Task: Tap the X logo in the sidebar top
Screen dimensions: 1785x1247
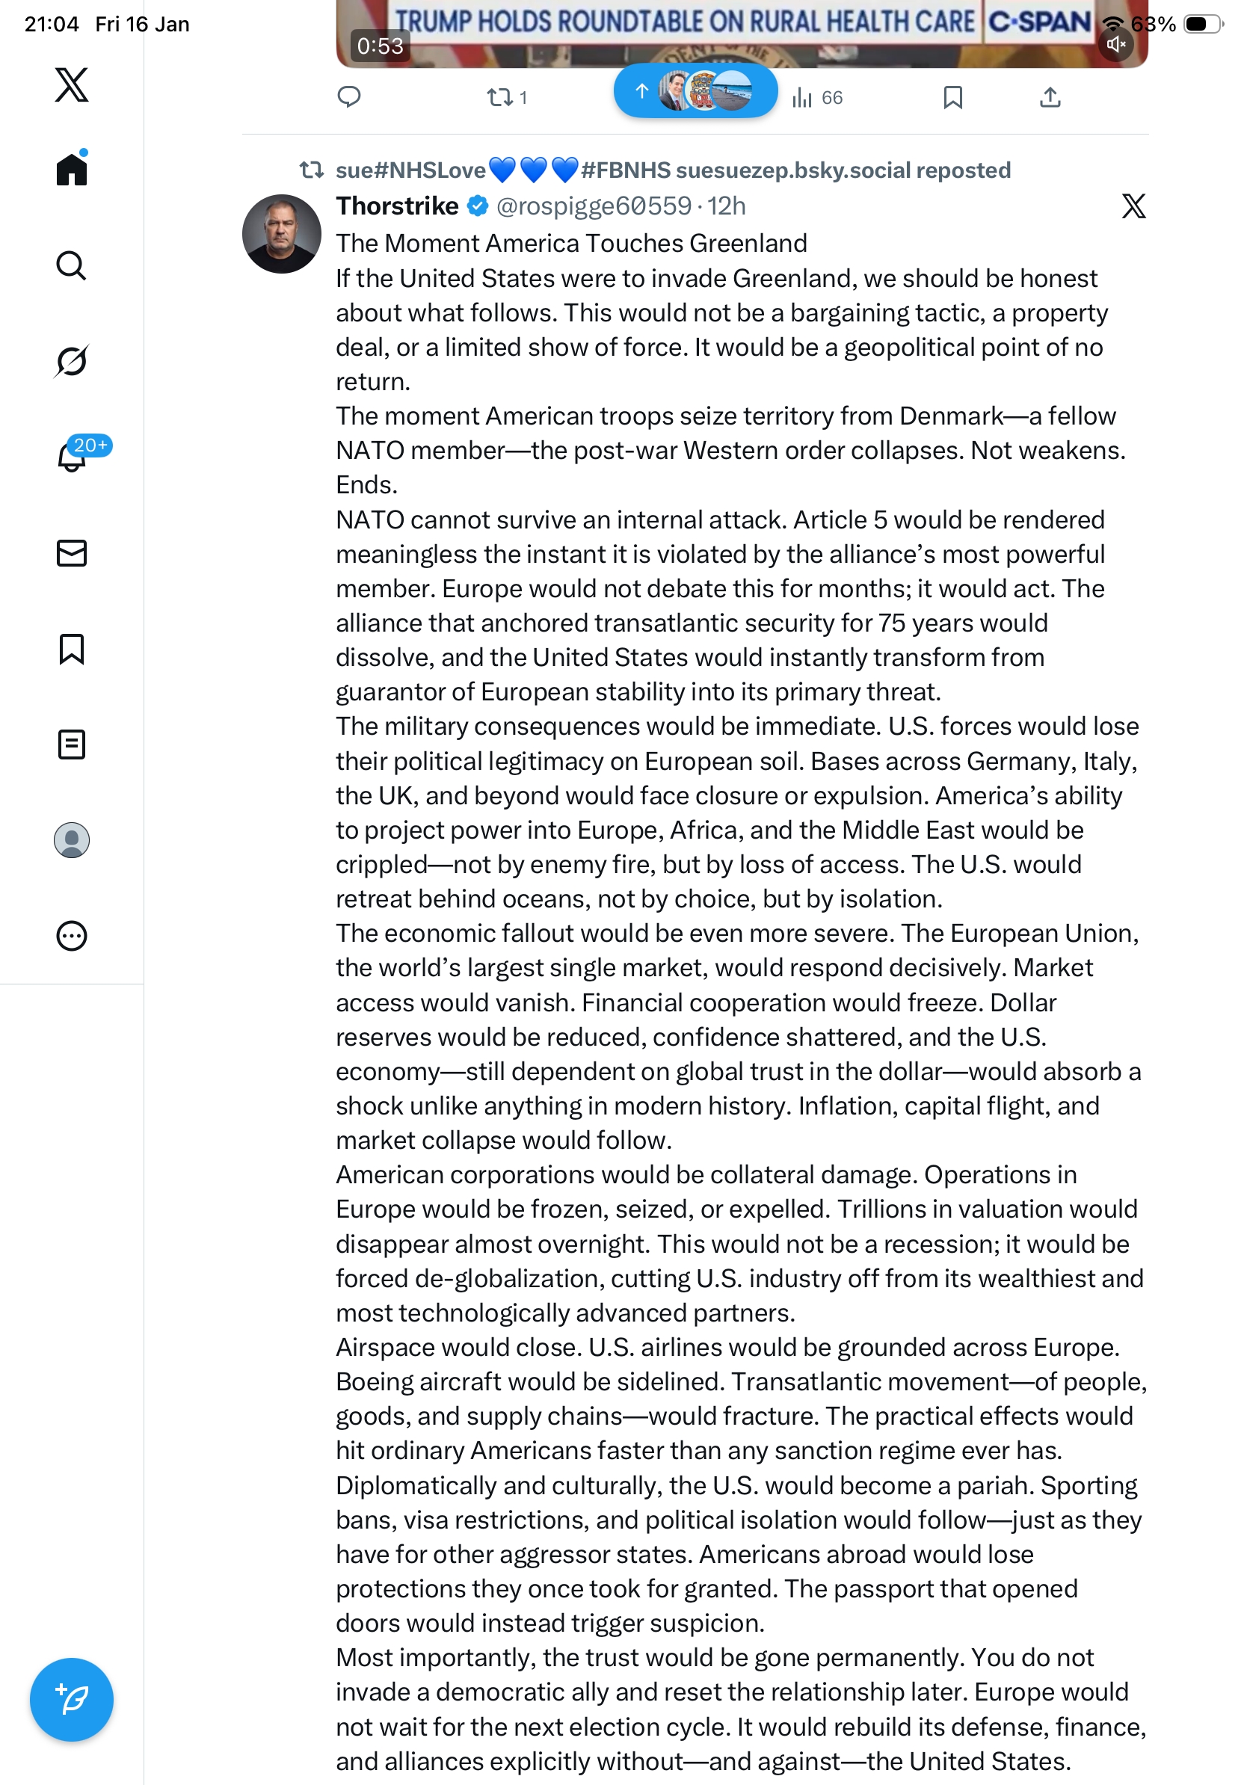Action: click(x=72, y=84)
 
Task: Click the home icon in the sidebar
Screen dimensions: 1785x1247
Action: click(x=72, y=169)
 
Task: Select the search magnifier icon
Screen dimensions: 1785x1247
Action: click(x=72, y=265)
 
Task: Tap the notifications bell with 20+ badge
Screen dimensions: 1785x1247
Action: click(x=73, y=457)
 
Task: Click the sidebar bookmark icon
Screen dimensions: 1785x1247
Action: click(x=72, y=649)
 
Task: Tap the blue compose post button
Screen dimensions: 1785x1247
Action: click(x=72, y=1700)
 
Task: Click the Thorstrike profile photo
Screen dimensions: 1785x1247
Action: click(x=281, y=234)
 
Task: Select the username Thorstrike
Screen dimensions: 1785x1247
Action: click(x=397, y=206)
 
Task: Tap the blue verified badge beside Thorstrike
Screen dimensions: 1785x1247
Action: click(x=477, y=206)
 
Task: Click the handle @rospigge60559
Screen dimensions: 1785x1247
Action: click(x=594, y=206)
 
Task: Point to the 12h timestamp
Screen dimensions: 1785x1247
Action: click(x=727, y=206)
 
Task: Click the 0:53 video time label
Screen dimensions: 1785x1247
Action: click(x=381, y=46)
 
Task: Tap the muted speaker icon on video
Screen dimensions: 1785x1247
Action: click(x=1116, y=44)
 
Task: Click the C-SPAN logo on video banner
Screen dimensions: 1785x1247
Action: click(x=1038, y=22)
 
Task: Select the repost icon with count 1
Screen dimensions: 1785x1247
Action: click(x=500, y=97)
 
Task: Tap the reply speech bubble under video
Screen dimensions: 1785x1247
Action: click(x=349, y=97)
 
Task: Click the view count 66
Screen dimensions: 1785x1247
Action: click(x=818, y=97)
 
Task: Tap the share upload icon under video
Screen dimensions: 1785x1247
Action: click(x=1050, y=97)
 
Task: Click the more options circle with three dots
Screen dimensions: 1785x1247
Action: click(x=72, y=936)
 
